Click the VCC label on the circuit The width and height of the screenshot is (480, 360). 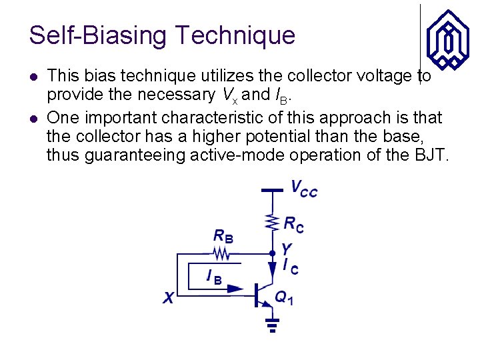[x=304, y=189]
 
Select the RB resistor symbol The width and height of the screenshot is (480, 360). [x=221, y=253]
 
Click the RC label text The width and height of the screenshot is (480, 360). [x=294, y=225]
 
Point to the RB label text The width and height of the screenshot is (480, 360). [x=224, y=236]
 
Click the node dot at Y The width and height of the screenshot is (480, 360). [x=272, y=253]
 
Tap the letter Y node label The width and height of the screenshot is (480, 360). [x=287, y=249]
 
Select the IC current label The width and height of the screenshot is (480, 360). [x=290, y=267]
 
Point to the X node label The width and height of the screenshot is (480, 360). [x=169, y=299]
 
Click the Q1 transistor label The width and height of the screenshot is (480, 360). [x=285, y=298]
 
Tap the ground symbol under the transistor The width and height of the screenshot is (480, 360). [x=272, y=325]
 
